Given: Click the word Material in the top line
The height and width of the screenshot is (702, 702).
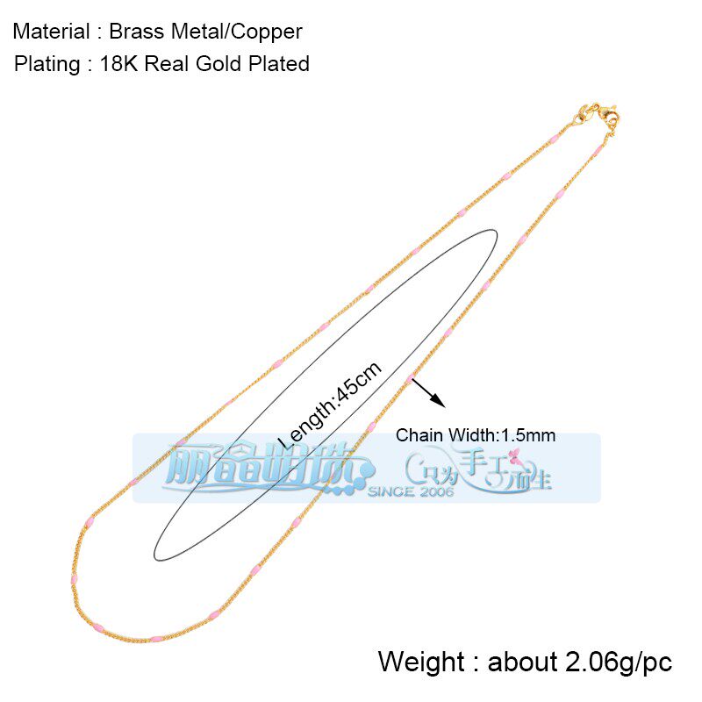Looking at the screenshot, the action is tap(51, 32).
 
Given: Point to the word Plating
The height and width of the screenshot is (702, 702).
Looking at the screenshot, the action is tap(46, 64).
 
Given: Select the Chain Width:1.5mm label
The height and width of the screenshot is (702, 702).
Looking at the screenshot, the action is tap(475, 435).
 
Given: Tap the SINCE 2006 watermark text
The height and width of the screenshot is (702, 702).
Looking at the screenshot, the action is tap(411, 492).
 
